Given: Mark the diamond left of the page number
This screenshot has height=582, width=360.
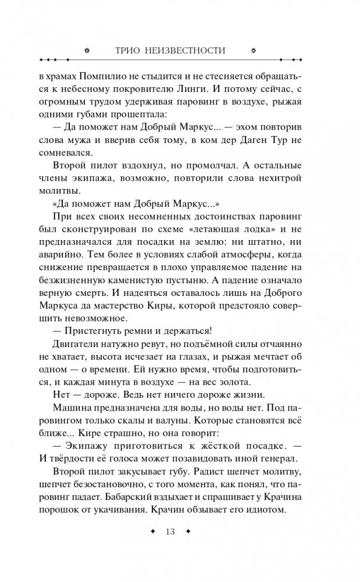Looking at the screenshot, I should coord(152,531).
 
